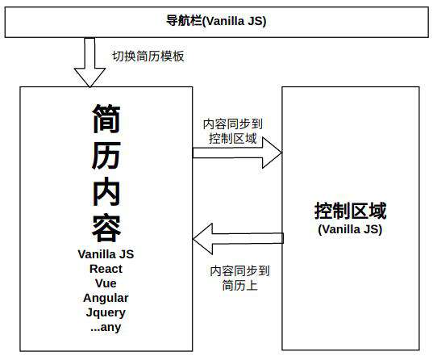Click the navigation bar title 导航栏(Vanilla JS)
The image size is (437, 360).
[x=216, y=21]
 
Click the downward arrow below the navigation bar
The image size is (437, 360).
[x=89, y=62]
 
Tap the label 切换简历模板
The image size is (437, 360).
[x=148, y=56]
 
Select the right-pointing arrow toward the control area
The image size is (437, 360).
[x=237, y=153]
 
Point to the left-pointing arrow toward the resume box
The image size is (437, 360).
[x=239, y=239]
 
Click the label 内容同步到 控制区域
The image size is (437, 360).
[x=233, y=131]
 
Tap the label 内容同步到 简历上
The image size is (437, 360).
[x=239, y=278]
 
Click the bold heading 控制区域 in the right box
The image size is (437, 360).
[x=350, y=211]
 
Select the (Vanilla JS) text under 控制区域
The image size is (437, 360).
[x=350, y=229]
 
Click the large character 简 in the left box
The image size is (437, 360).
[x=106, y=119]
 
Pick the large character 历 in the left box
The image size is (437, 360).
[x=106, y=155]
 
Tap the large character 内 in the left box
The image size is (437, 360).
[x=106, y=191]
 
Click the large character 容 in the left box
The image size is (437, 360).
[x=106, y=228]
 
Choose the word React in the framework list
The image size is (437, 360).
[x=106, y=269]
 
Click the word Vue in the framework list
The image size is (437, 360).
[x=106, y=283]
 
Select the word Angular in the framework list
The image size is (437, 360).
[x=106, y=298]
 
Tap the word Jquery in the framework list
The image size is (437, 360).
[x=106, y=312]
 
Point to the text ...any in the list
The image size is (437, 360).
[x=106, y=327]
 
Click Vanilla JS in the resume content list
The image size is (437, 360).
[x=106, y=254]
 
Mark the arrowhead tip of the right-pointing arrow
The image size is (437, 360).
[x=281, y=153]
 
